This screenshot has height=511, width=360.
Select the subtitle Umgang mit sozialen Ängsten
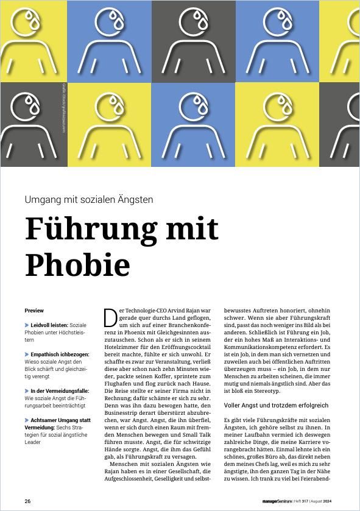(89, 199)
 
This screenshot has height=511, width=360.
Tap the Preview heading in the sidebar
(34, 311)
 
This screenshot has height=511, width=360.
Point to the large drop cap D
(110, 317)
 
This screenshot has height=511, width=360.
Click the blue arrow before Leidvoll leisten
(27, 325)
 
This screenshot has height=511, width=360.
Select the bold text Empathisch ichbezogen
(60, 354)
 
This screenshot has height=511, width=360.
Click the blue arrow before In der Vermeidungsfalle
(27, 391)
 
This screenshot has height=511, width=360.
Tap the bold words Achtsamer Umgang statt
(60, 420)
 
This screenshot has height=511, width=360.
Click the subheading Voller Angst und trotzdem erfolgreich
(267, 405)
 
